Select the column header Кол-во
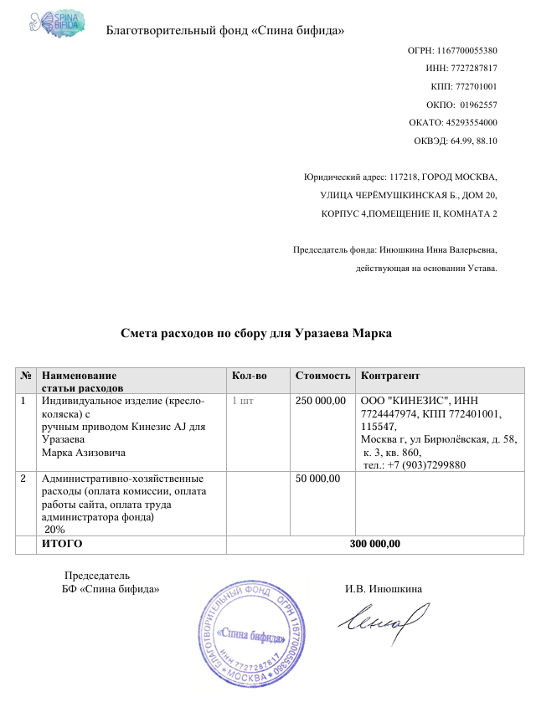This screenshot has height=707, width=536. tap(249, 376)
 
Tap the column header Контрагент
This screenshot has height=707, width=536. tap(389, 376)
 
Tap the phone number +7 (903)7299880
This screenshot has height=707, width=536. tap(424, 465)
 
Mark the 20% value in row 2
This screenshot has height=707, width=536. tap(55, 530)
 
